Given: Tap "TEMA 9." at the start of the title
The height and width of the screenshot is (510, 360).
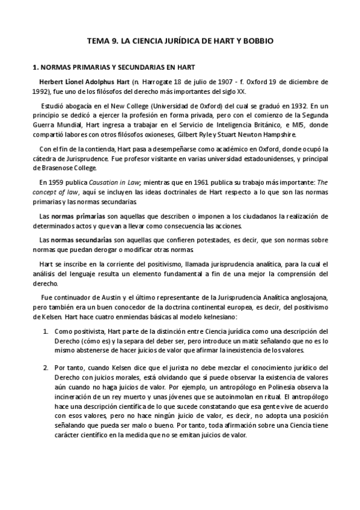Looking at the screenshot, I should pos(102,41).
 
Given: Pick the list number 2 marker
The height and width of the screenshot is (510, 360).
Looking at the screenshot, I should pos(46,367).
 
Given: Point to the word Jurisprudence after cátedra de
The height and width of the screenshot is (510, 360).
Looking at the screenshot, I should pos(82,159).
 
